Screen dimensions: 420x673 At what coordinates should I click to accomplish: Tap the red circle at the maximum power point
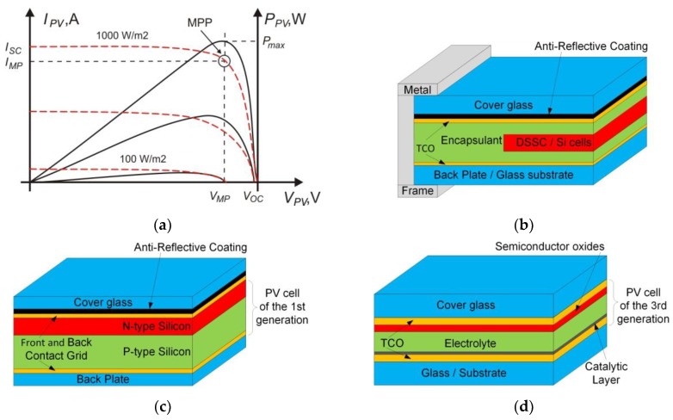point(225,61)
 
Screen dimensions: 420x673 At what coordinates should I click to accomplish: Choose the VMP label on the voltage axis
point(223,197)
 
